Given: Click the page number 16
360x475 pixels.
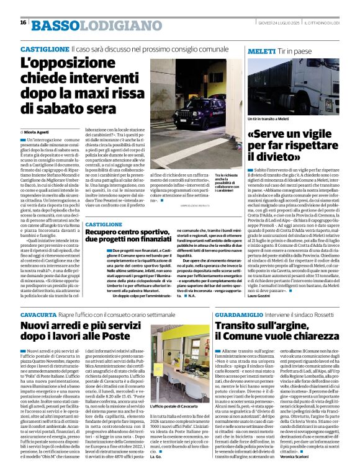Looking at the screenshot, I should (23, 22).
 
